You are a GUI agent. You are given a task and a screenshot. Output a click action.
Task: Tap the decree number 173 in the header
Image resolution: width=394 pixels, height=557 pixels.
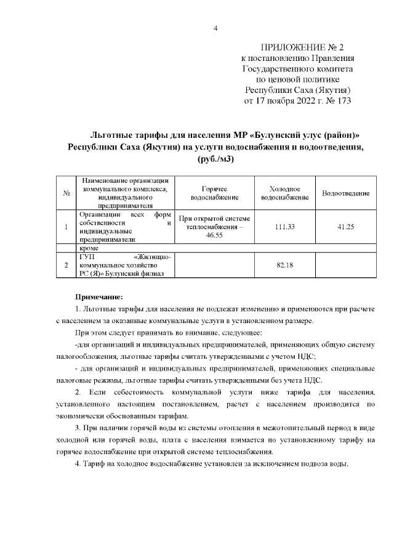(x=342, y=100)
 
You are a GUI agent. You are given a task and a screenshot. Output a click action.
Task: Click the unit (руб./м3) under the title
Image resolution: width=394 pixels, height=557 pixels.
(x=215, y=159)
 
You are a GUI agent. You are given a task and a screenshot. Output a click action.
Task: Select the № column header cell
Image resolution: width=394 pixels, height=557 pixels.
(x=66, y=193)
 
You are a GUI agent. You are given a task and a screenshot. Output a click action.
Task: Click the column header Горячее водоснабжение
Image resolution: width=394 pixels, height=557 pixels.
(x=215, y=193)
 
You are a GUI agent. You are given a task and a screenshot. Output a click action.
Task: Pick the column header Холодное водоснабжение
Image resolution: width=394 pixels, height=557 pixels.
(x=284, y=193)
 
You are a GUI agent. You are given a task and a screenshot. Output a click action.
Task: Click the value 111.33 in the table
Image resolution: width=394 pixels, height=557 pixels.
(x=284, y=227)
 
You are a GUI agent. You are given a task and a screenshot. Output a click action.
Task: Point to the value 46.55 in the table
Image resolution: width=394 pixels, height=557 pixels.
(x=215, y=235)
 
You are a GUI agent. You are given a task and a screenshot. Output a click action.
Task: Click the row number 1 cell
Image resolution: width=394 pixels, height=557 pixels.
(x=66, y=227)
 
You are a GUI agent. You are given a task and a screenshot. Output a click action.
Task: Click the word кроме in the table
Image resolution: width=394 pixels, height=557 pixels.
(x=89, y=247)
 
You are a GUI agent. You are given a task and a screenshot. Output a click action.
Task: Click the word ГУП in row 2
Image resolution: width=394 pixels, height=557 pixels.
(x=86, y=256)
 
